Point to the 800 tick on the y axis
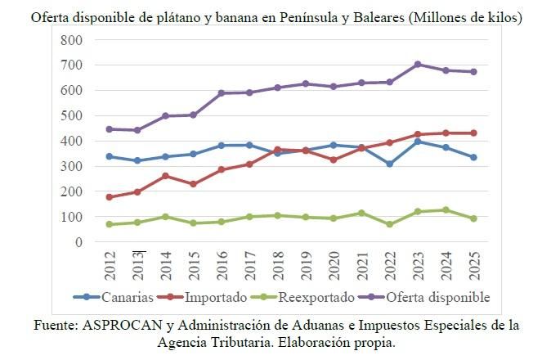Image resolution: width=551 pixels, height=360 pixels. point(71,40)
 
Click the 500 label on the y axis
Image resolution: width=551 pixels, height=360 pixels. point(71,115)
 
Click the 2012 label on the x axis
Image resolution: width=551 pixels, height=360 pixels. point(109,265)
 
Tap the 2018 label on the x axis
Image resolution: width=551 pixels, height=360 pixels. point(277,265)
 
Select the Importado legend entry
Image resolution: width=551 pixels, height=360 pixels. point(213,297)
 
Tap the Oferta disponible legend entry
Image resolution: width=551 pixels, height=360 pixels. point(432,297)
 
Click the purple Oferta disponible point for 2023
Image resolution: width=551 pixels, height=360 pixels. point(417,64)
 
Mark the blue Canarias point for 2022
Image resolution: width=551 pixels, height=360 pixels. point(389,164)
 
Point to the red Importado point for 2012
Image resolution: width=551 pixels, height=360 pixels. point(109,197)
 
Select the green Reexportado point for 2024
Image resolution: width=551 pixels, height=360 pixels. point(446,210)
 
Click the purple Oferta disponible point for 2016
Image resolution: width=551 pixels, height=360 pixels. point(221,93)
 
